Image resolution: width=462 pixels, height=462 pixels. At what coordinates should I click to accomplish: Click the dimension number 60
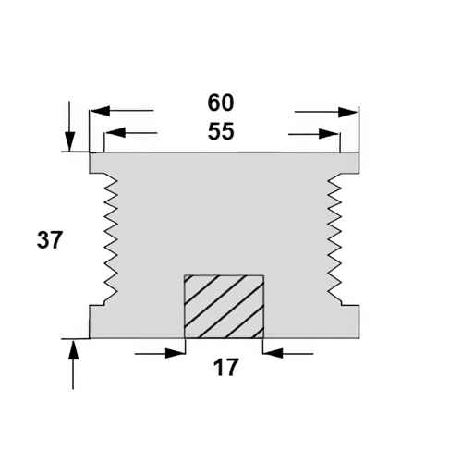[x=221, y=103]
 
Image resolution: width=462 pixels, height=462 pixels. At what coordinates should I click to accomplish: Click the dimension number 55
[x=221, y=131]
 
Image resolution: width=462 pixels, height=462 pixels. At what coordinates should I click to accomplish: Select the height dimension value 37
[x=50, y=240]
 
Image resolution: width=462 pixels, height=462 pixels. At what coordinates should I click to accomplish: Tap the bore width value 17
[x=225, y=367]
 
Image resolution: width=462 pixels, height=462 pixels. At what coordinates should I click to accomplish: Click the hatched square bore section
[x=224, y=307]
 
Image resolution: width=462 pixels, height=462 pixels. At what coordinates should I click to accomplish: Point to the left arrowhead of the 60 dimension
[x=100, y=110]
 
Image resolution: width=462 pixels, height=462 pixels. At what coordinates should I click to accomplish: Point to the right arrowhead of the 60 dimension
[x=347, y=112]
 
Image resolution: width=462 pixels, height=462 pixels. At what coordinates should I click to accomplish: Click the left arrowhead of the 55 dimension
[x=115, y=132]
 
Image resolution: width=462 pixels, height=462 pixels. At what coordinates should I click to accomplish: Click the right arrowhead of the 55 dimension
[x=329, y=134]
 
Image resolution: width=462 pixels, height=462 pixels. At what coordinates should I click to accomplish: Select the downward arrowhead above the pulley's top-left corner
[x=70, y=141]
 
